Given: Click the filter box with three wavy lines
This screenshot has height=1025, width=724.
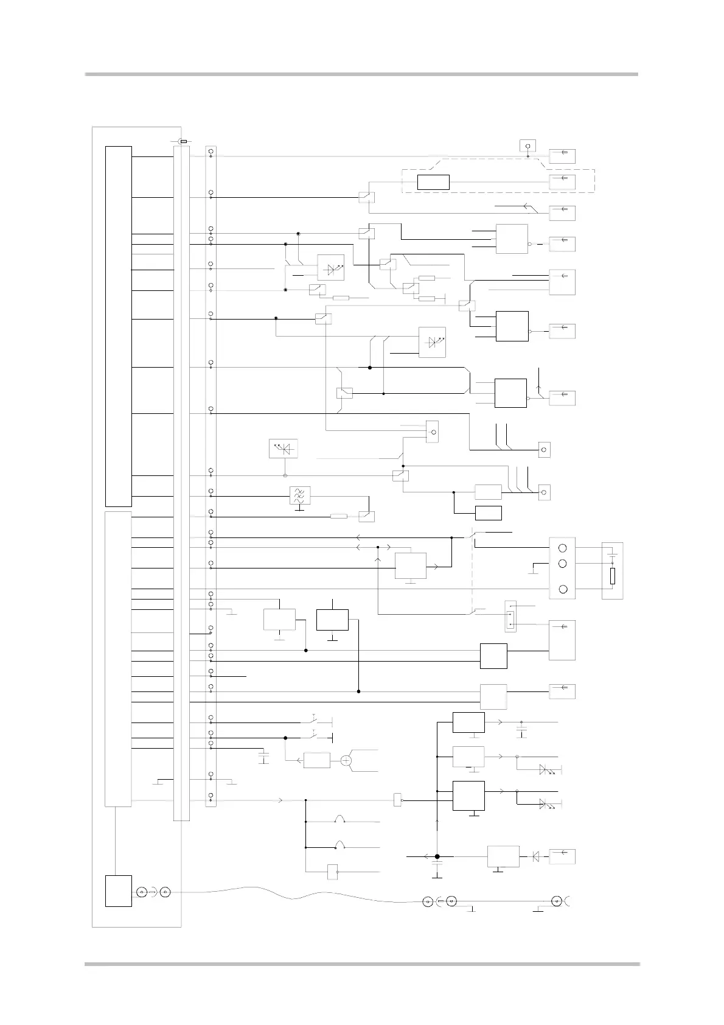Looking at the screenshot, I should [x=299, y=495].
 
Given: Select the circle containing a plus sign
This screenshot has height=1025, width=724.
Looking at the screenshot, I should [x=346, y=760].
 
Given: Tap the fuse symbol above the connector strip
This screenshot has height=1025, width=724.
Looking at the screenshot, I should [x=183, y=141].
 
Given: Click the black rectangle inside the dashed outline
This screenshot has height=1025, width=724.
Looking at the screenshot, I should [x=433, y=182].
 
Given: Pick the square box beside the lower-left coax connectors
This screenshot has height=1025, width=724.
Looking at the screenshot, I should [x=119, y=890].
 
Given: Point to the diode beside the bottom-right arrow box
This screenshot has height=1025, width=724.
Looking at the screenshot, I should [x=535, y=856].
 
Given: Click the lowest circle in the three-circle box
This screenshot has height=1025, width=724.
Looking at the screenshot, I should [x=563, y=589].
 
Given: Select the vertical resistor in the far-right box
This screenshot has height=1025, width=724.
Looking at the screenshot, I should [x=613, y=576].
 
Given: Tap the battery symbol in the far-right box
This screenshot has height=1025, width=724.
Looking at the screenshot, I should [x=613, y=556].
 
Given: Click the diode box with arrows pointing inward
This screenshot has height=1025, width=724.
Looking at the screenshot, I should [x=283, y=449].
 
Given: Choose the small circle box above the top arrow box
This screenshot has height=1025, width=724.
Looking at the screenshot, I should [x=527, y=146].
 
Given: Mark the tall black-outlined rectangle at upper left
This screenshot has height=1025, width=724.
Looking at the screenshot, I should [x=119, y=326].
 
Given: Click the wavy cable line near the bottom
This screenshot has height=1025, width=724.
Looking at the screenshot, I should [x=292, y=895].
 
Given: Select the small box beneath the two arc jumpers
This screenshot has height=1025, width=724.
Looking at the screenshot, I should [x=332, y=872].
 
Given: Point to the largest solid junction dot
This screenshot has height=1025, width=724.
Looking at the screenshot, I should [x=437, y=856].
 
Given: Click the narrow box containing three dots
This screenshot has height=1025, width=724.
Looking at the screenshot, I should [x=510, y=616].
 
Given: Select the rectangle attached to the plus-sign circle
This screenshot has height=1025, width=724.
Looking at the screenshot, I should [x=317, y=760].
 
